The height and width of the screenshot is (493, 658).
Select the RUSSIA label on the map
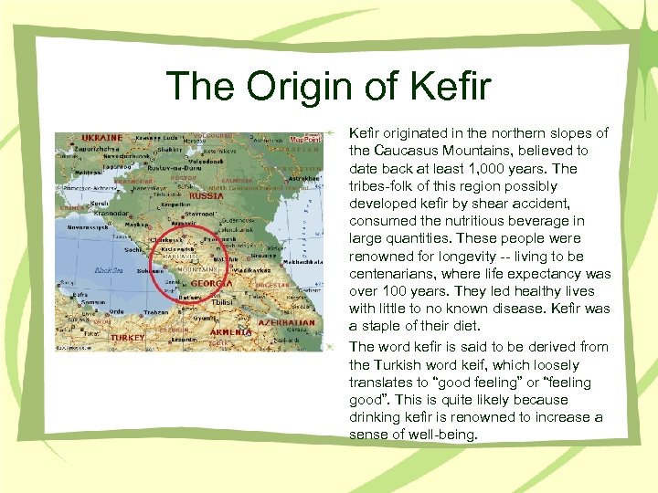(x=206, y=195)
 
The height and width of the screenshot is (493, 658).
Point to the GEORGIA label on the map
(x=210, y=284)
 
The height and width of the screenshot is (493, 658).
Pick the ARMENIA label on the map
(x=231, y=332)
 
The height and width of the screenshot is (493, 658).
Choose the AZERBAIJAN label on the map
(x=289, y=323)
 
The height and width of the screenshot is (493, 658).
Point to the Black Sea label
(x=107, y=271)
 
